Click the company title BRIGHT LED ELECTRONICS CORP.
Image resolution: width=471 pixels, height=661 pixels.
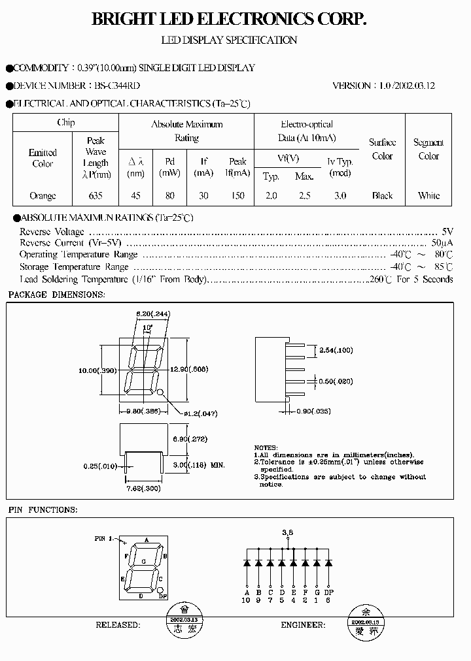[229, 20]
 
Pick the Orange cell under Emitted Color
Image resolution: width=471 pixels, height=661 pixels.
[43, 195]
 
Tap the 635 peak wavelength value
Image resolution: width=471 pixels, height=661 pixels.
[96, 195]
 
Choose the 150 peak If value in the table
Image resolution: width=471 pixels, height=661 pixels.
[237, 195]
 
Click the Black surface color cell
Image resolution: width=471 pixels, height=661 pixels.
[382, 195]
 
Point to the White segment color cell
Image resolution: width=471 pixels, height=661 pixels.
[428, 195]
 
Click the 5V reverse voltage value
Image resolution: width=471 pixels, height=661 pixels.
[447, 232]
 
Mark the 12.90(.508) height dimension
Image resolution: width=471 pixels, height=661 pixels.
[194, 370]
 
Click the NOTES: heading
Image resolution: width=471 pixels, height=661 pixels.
[265, 447]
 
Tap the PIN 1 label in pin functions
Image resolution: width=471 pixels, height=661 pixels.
[103, 539]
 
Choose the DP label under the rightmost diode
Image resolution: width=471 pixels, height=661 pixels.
[329, 592]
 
